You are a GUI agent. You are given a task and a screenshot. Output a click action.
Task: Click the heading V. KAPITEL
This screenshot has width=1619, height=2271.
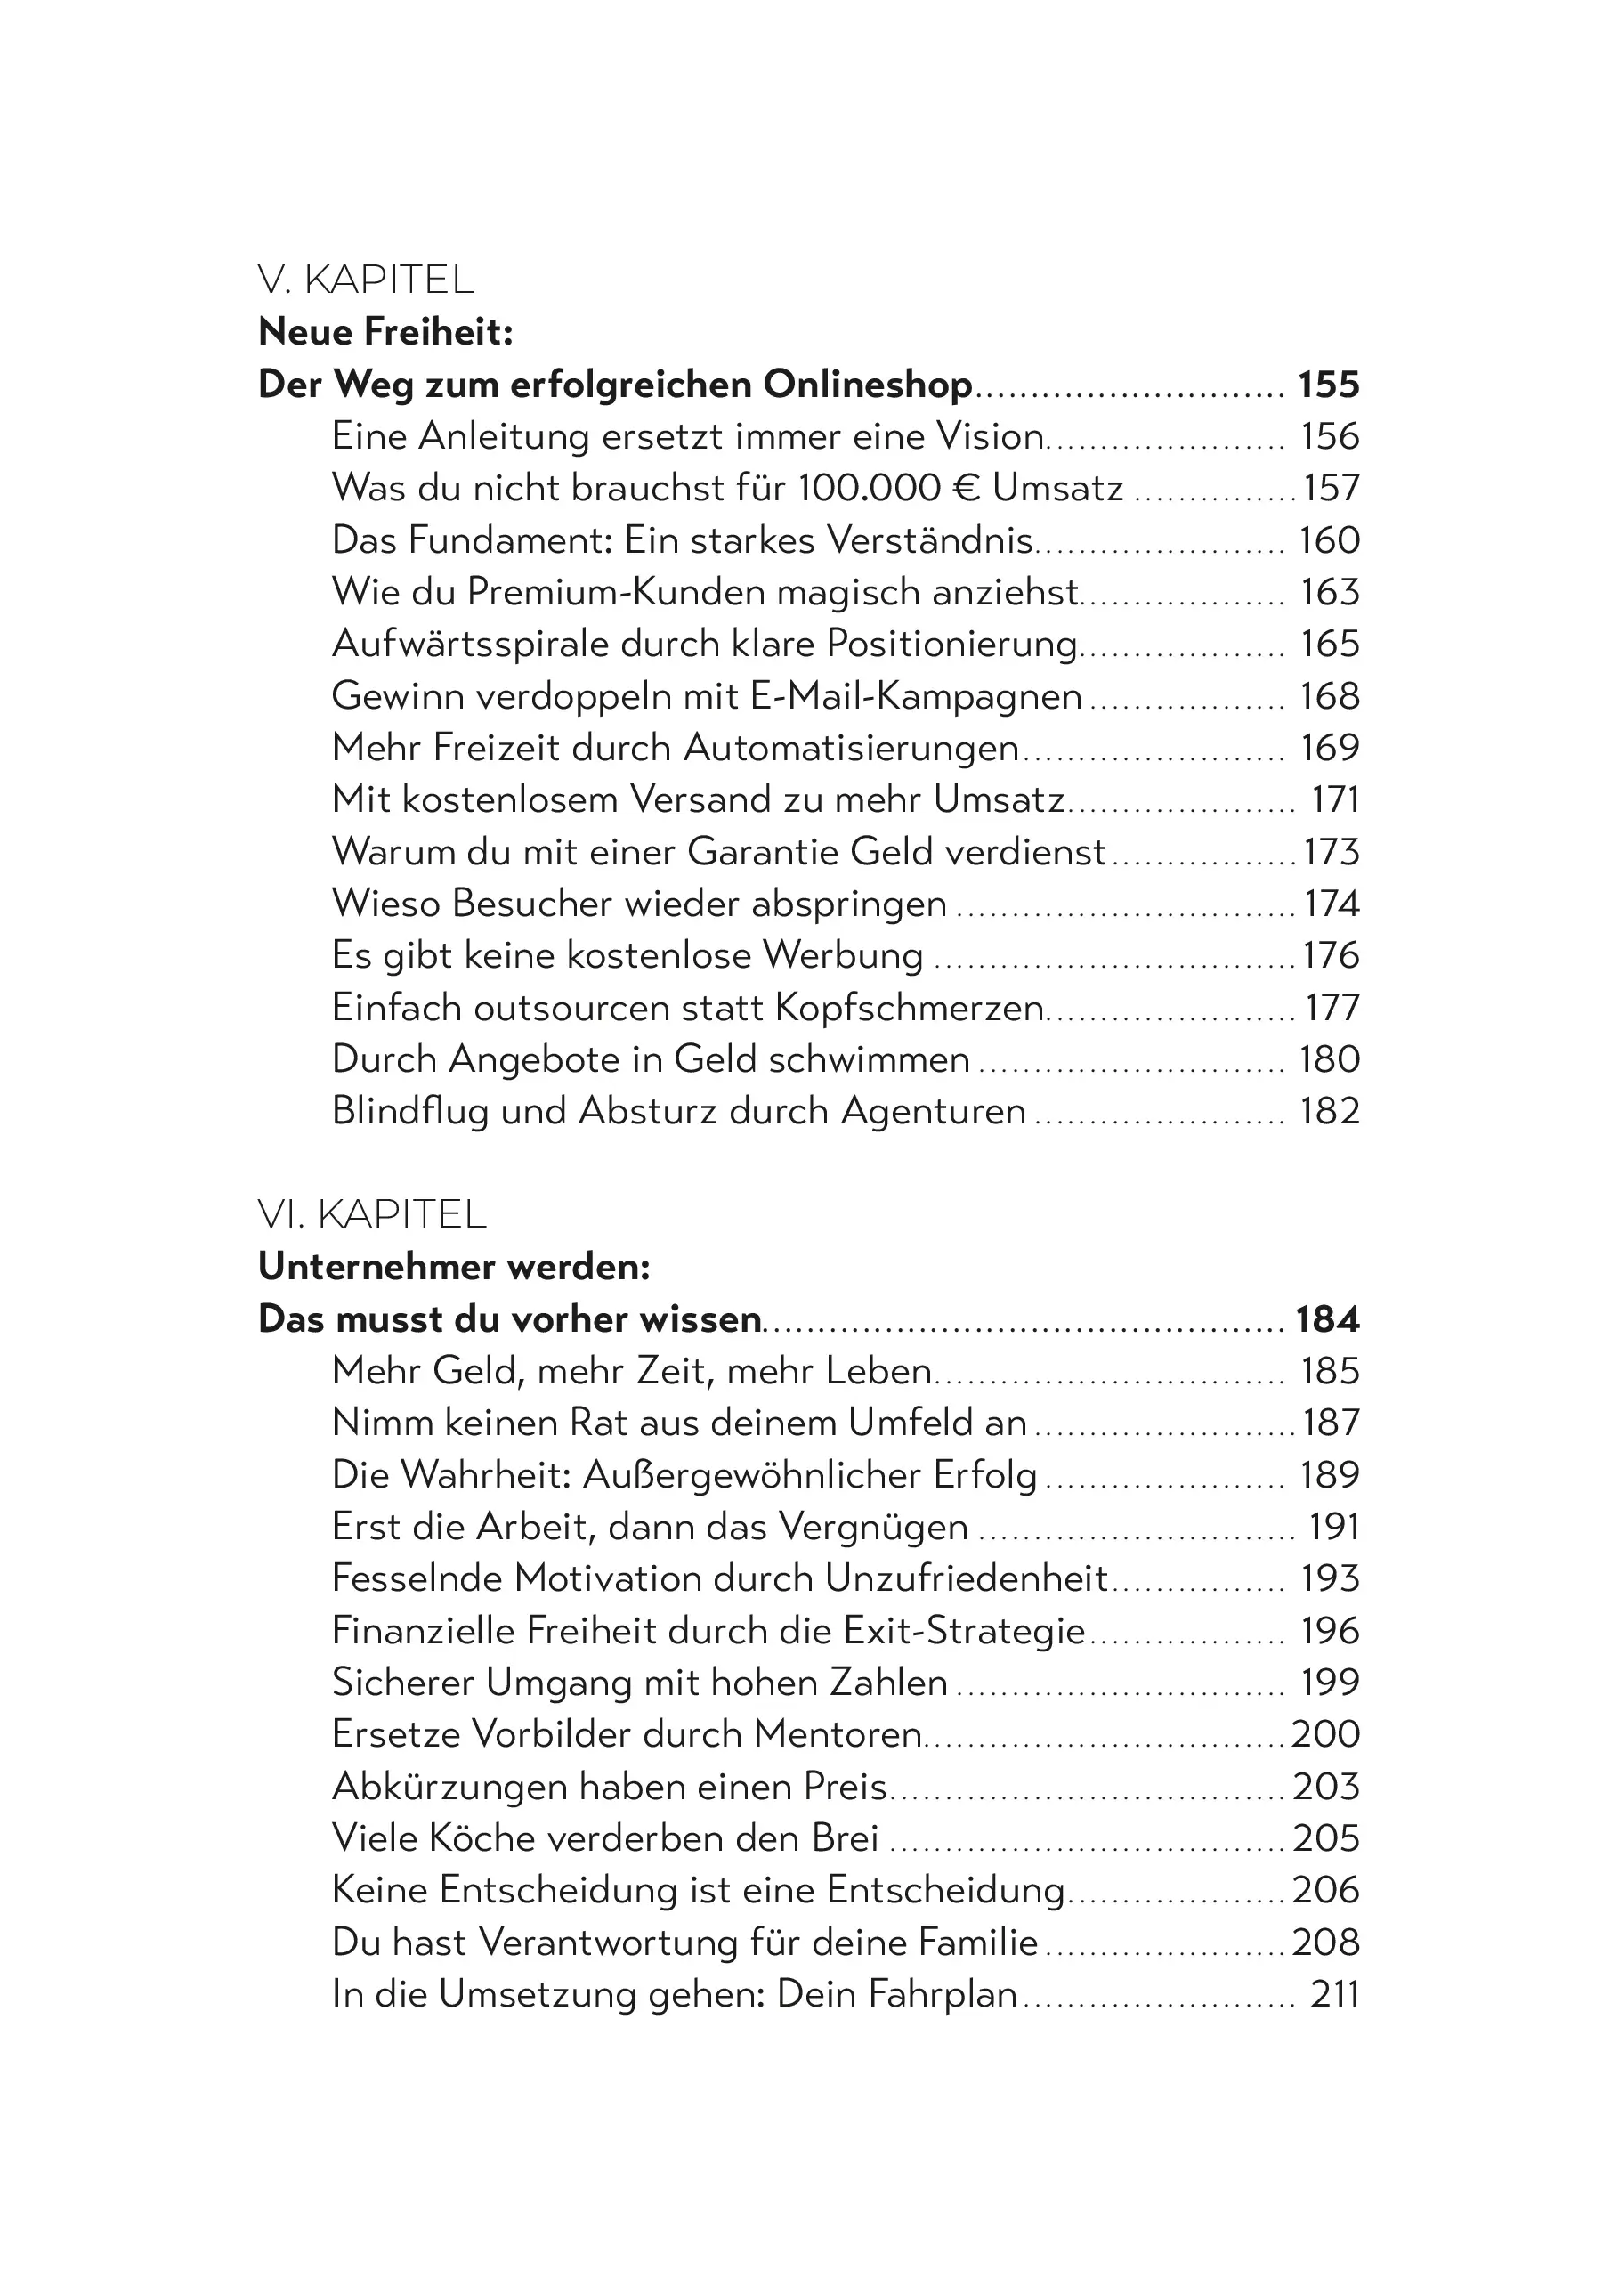(x=365, y=280)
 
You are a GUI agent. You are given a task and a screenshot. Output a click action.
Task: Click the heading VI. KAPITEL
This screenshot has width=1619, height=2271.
(x=371, y=1214)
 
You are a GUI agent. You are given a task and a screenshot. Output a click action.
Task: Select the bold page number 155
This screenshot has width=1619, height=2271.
(x=1328, y=385)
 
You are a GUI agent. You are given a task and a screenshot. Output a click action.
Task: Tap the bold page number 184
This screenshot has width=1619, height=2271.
(x=1327, y=1319)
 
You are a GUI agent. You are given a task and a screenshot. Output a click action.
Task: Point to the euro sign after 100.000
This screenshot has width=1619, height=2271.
(x=966, y=489)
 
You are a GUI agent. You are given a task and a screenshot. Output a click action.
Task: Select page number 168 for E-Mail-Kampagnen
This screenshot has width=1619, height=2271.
(x=1329, y=696)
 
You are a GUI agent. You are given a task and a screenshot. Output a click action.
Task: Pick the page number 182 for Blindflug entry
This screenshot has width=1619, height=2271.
(x=1329, y=1112)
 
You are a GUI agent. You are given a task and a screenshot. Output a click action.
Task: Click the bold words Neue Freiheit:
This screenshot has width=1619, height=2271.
(x=385, y=332)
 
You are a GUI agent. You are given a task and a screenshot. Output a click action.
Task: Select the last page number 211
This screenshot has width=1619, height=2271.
(x=1334, y=1995)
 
